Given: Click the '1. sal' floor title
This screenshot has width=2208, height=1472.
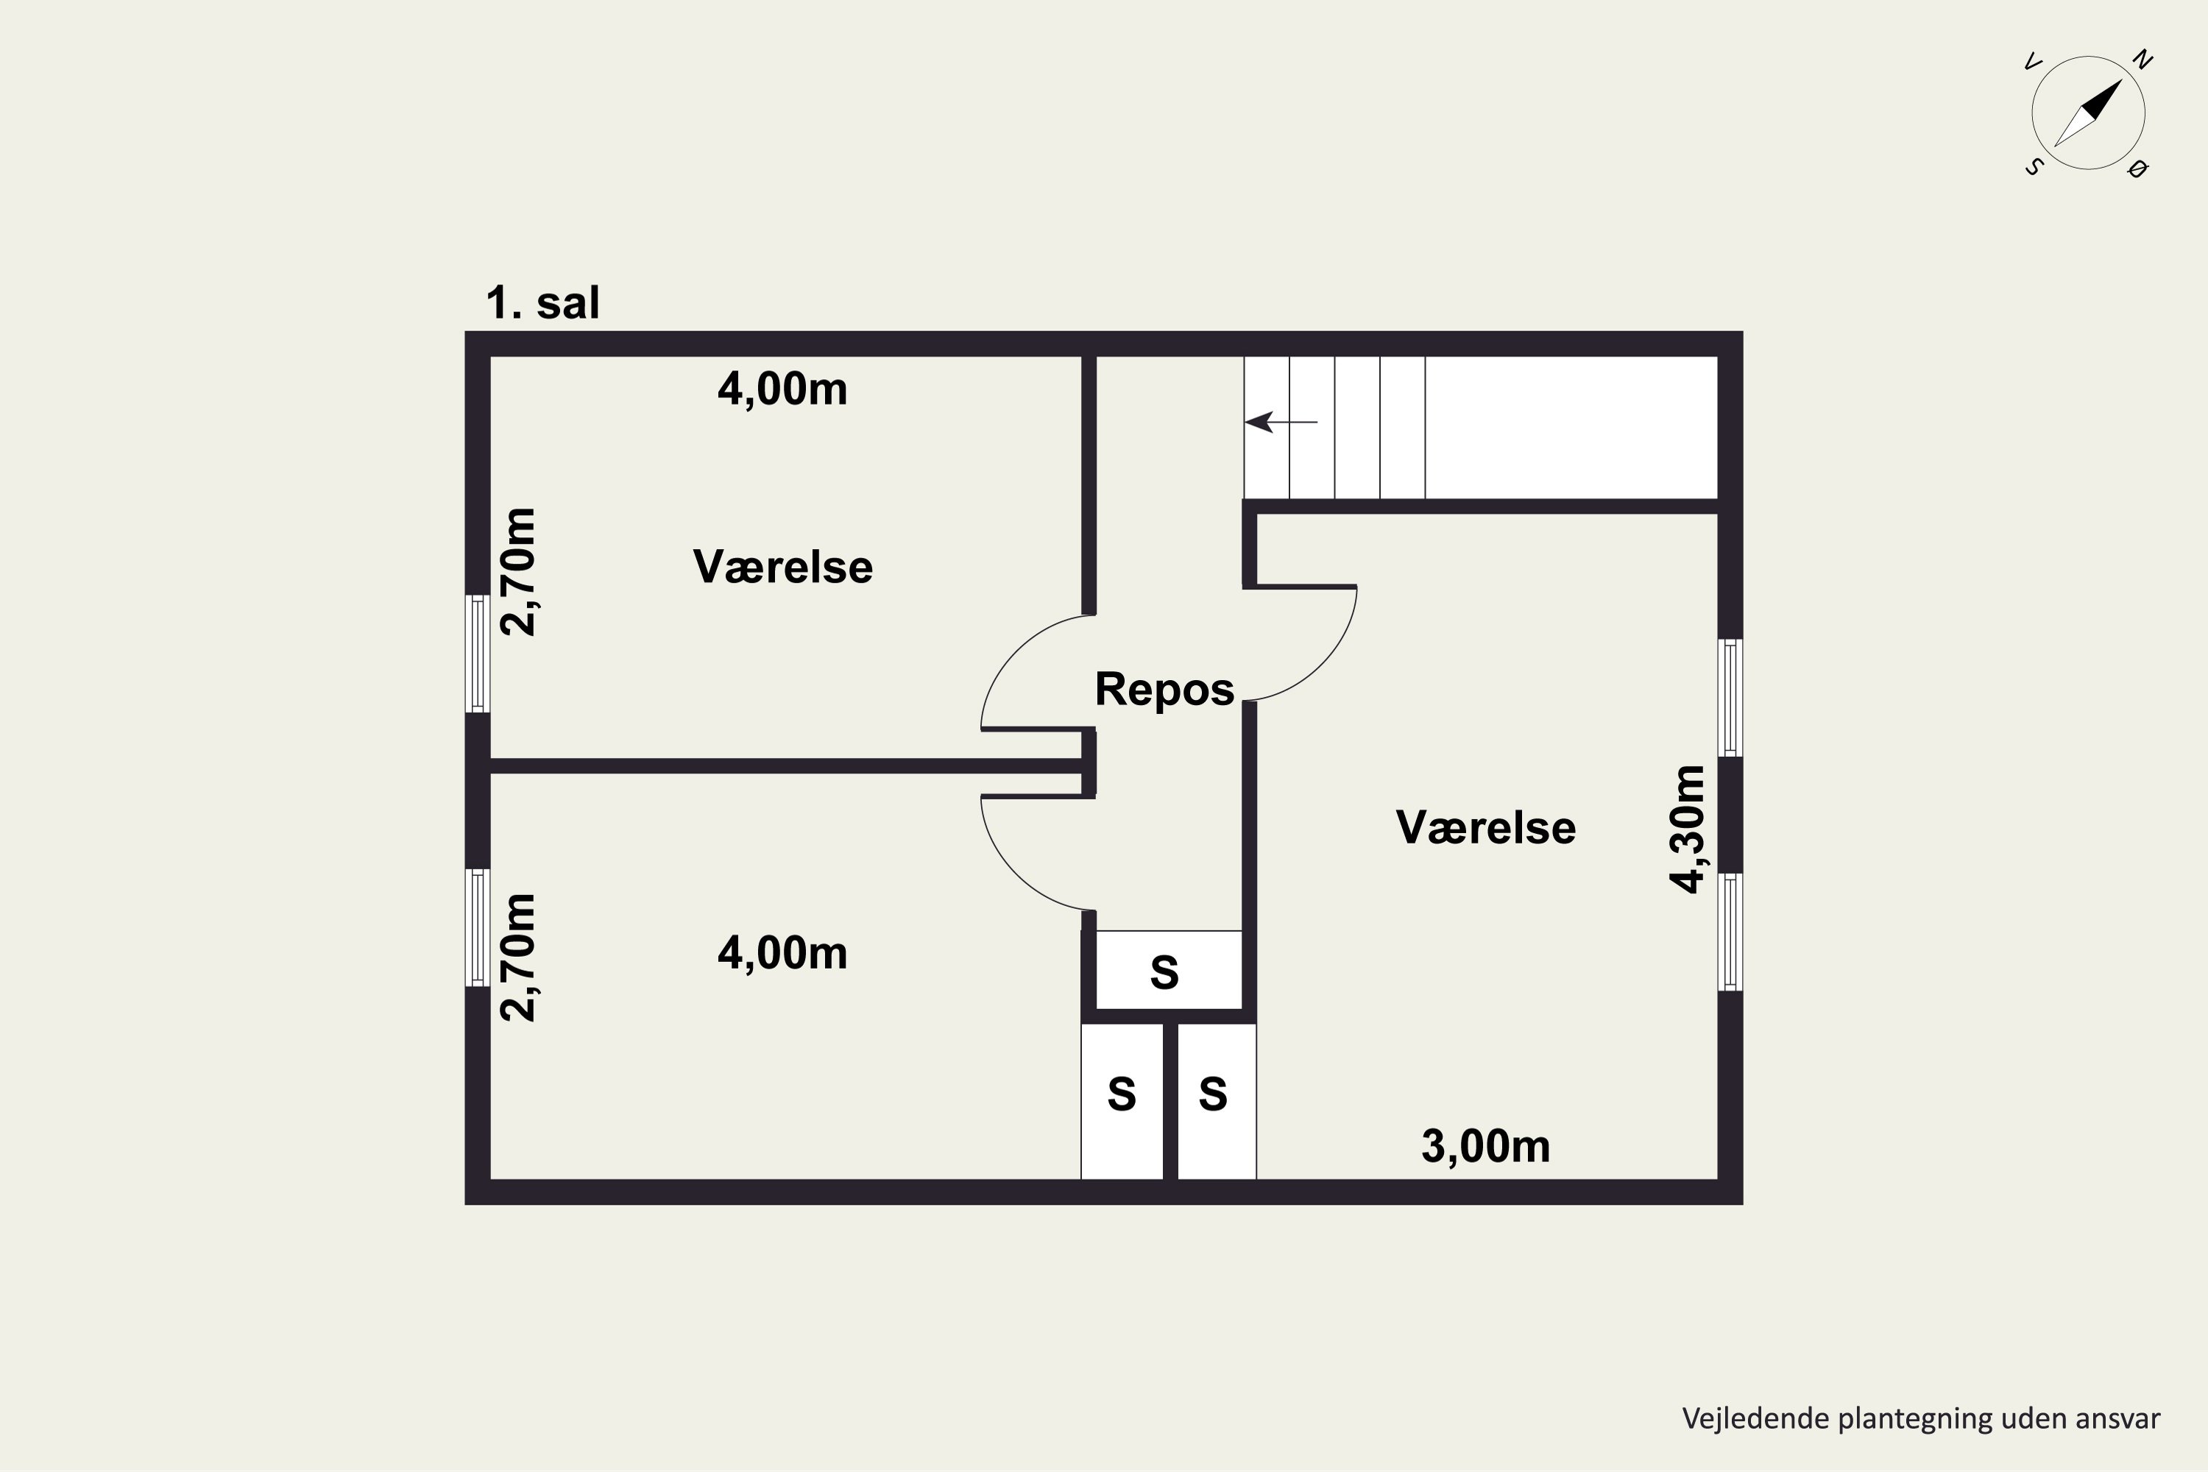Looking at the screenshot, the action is pos(542,303).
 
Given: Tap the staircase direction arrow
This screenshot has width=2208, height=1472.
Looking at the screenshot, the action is pos(1281,422).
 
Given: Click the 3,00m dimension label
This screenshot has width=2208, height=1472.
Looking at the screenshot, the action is pos(1485,1146).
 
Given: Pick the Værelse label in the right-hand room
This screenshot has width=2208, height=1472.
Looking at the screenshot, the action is pos(1485,828).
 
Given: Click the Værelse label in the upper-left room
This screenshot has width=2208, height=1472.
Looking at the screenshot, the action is pos(783,567).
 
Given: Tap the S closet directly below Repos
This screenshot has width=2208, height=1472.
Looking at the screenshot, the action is pos(1169,971).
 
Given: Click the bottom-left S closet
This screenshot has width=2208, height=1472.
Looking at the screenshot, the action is pos(1122,1101).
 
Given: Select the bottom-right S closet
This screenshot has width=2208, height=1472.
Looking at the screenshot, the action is pos(1217,1101).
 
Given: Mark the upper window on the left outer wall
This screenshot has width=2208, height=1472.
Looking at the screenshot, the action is pos(478,654).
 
